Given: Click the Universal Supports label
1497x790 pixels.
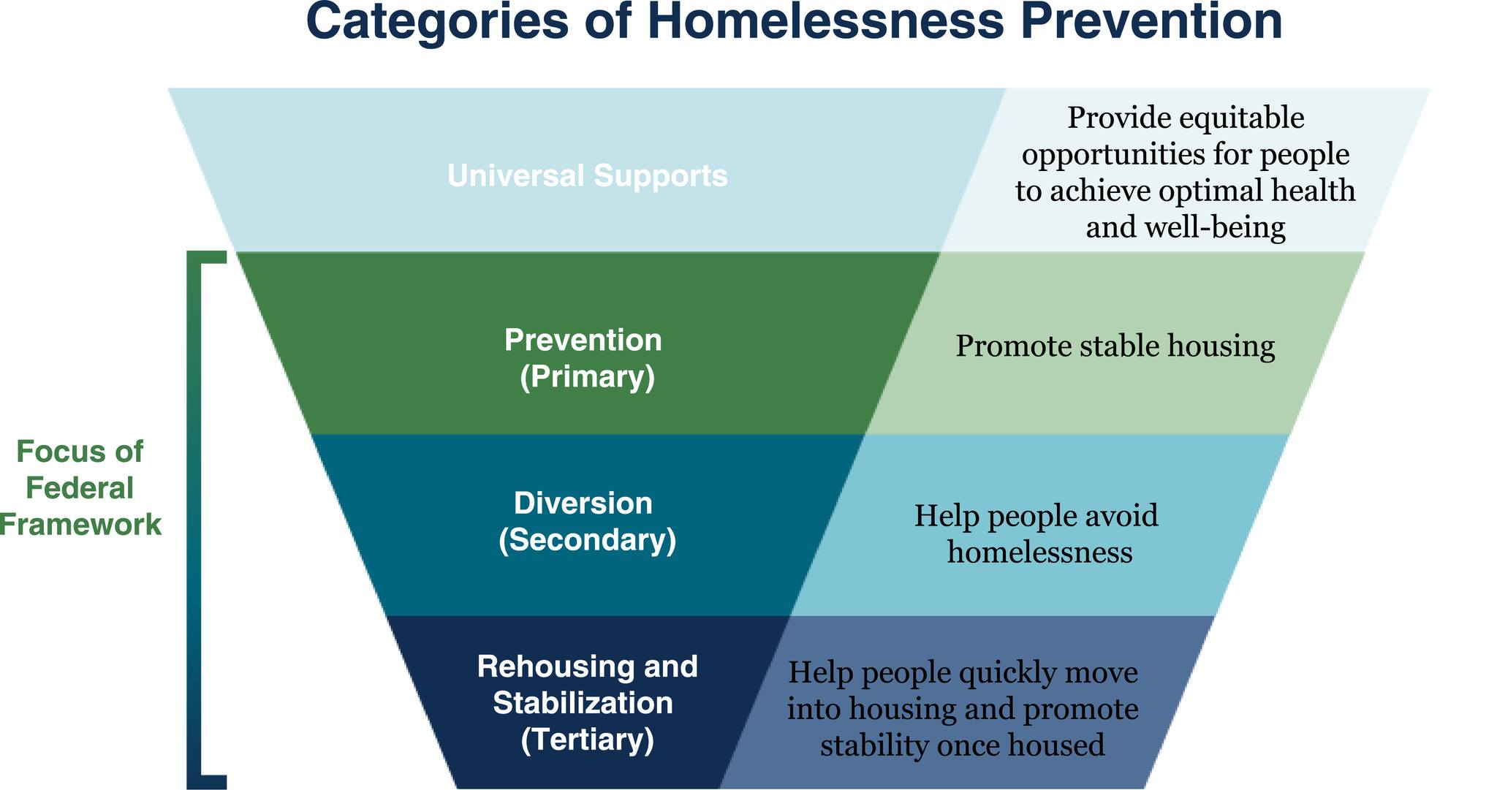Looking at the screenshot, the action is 588,175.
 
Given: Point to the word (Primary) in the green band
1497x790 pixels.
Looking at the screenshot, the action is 588,377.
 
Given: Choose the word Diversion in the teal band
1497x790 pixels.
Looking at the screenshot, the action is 583,504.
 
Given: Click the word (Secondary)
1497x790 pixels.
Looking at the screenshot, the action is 588,541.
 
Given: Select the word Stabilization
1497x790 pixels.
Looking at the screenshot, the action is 583,703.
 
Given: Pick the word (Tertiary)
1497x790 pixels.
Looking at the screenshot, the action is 588,740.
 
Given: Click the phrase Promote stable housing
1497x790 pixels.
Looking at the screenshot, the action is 1115,346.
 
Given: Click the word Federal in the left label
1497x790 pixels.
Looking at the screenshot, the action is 80,487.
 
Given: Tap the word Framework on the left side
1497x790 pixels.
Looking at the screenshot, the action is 80,524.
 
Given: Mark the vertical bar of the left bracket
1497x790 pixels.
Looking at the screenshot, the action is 194,519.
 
